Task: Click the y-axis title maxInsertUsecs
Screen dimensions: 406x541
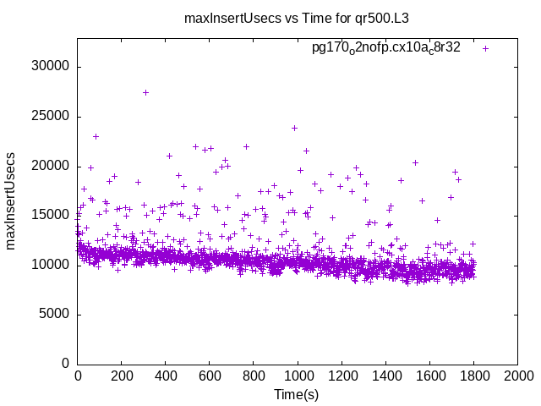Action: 11,201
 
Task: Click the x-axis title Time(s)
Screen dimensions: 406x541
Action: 296,395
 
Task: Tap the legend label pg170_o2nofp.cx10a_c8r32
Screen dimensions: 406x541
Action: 386,48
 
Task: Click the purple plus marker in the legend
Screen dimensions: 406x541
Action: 485,48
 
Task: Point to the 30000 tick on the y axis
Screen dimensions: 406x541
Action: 52,67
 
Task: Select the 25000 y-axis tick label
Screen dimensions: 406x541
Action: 52,117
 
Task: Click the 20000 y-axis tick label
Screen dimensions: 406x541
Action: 52,166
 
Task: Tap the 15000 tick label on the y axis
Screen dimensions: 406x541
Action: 52,216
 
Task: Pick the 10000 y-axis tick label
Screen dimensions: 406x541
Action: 52,265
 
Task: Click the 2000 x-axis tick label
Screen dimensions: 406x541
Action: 517,376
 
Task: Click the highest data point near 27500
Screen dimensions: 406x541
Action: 145,92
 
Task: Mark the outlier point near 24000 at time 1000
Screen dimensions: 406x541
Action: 294,128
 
